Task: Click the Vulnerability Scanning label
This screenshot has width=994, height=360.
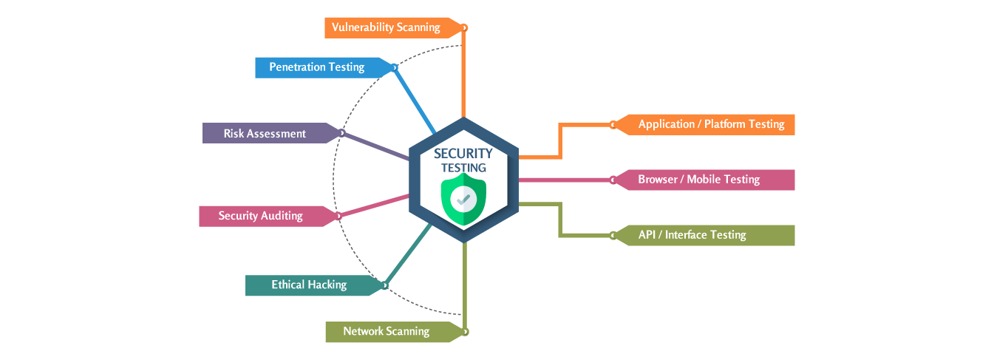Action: tap(386, 28)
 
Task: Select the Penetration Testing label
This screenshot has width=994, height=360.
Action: tap(316, 67)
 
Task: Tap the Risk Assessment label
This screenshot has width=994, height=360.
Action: tap(265, 134)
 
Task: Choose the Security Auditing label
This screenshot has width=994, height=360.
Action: tap(260, 216)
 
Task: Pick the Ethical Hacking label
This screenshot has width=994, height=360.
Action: tap(308, 285)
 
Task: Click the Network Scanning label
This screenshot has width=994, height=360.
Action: tap(386, 331)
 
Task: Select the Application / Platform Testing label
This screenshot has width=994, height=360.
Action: tap(711, 124)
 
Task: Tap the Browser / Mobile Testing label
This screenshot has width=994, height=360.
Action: tap(698, 180)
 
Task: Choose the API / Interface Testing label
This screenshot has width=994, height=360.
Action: tap(692, 235)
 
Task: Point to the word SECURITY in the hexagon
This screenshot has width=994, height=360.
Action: tap(463, 154)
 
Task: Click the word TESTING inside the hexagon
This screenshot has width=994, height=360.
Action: tap(463, 168)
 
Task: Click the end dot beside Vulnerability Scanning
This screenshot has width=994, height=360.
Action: tap(465, 28)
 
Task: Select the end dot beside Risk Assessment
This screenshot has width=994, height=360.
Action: tap(341, 133)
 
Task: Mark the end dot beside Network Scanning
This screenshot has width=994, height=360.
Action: tap(465, 331)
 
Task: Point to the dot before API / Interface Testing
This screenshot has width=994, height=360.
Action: tap(613, 235)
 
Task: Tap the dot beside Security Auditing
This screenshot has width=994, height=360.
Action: tap(338, 217)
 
